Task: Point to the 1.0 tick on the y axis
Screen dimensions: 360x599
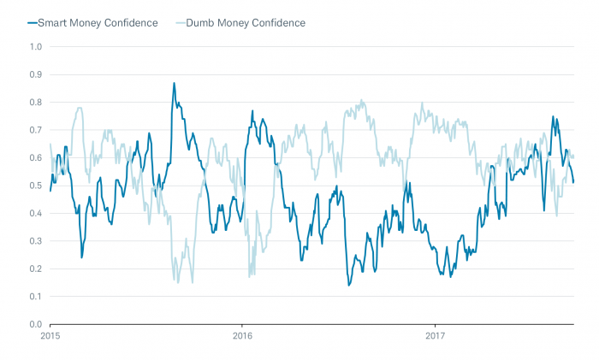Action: click(x=35, y=46)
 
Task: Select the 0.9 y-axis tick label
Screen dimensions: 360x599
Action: click(x=35, y=74)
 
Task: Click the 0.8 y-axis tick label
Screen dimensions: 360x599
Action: click(x=35, y=102)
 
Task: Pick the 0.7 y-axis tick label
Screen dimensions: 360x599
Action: click(x=35, y=130)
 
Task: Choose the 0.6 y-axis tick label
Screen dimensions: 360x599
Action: click(x=35, y=157)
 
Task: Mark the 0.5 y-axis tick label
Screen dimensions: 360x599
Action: click(x=35, y=186)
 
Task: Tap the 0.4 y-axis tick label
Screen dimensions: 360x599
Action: click(x=35, y=213)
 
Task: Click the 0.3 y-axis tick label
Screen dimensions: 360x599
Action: click(x=35, y=241)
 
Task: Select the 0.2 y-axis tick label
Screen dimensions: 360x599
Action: click(x=35, y=269)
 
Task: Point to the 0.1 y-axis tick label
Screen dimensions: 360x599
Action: click(x=35, y=297)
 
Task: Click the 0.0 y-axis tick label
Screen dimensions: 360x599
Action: click(x=35, y=324)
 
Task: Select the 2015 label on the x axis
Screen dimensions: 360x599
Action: click(x=50, y=336)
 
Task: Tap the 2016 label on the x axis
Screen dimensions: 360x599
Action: click(x=242, y=336)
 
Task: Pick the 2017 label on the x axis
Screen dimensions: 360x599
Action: click(x=435, y=336)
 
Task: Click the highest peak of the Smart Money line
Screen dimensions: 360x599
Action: click(x=174, y=83)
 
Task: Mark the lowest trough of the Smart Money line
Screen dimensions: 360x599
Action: click(x=348, y=285)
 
